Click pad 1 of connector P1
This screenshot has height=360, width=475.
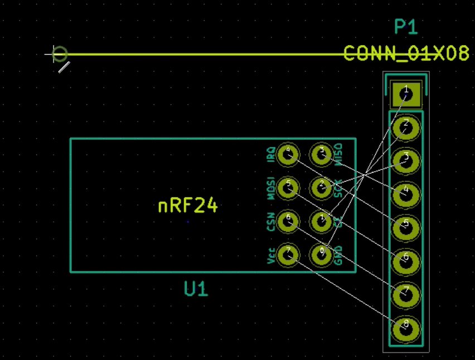[x=406, y=94]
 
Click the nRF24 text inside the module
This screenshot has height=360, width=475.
[x=188, y=206]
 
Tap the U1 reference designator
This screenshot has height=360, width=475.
[x=196, y=289]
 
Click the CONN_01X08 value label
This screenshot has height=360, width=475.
[x=406, y=53]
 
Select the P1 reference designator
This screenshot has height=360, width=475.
[x=406, y=27]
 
